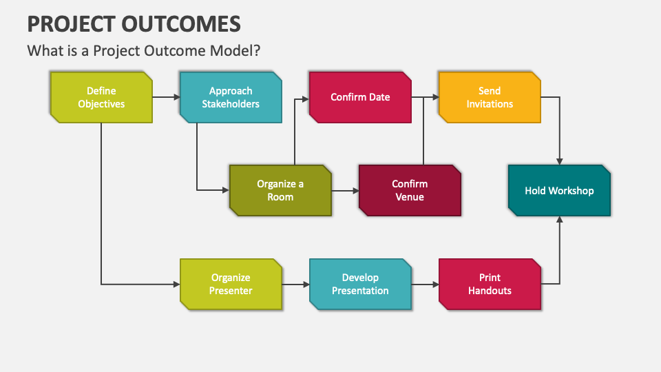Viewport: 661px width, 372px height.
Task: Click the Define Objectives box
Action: point(101,97)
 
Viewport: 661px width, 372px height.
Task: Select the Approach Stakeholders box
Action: point(231,97)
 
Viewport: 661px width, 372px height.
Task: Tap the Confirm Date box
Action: point(360,97)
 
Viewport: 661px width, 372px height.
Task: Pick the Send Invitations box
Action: point(490,97)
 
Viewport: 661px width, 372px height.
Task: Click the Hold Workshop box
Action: point(559,191)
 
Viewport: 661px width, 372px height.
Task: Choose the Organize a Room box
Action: point(280,190)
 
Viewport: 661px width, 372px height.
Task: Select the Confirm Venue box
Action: point(410,190)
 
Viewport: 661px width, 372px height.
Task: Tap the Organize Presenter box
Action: point(231,284)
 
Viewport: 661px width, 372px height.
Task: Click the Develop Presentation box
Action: point(360,284)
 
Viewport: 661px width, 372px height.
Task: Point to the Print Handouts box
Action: point(490,284)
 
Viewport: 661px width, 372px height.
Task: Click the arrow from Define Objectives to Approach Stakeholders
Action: point(165,97)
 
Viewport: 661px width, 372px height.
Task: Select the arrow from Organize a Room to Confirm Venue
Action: point(344,190)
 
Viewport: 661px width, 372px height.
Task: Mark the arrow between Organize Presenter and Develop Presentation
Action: point(295,284)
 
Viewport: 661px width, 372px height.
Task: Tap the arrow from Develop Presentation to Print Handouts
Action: point(425,284)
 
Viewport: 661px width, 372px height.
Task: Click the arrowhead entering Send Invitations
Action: point(436,97)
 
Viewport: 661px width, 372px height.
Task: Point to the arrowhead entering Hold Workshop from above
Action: point(559,162)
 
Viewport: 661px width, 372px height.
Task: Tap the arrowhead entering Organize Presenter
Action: point(176,284)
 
